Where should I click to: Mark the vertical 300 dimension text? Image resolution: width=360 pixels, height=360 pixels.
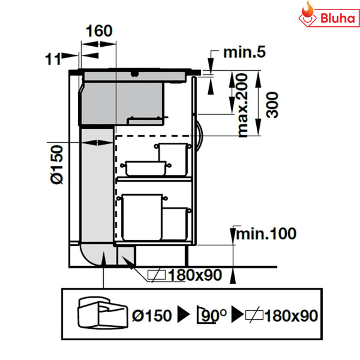274,104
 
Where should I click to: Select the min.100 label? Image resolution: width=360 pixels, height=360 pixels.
266,233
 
